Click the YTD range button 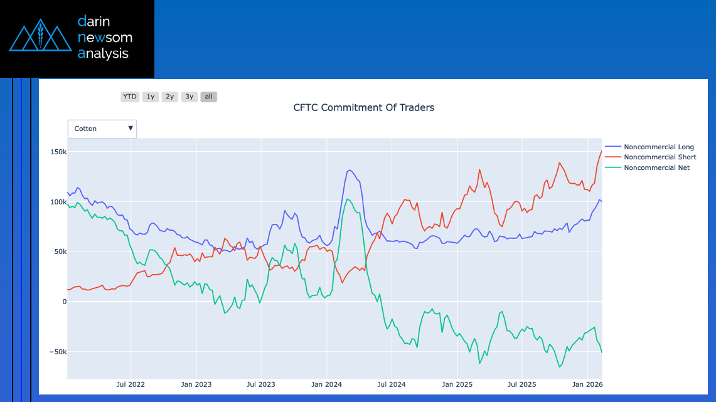pos(130,97)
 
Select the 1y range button pos(150,97)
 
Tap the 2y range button pos(169,97)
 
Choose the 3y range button pos(189,97)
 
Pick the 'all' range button pos(209,97)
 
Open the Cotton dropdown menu pos(102,129)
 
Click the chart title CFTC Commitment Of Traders pos(363,107)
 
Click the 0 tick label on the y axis pos(64,302)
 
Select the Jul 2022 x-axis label pos(131,384)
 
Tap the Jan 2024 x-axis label pos(326,384)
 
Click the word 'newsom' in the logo pos(104,38)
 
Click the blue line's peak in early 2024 pos(350,170)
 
